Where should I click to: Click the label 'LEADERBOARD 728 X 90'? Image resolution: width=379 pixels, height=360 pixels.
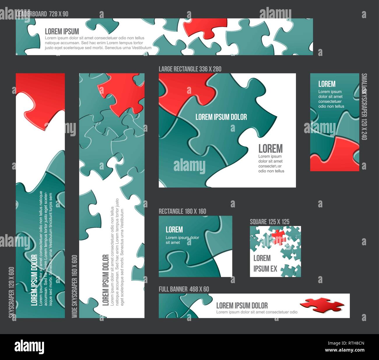42,14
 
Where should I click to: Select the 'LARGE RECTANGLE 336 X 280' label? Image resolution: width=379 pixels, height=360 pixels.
190,69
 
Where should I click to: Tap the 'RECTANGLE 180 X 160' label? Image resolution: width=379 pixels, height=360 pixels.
182,211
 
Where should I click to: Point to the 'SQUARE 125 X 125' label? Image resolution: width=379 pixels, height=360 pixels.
269,222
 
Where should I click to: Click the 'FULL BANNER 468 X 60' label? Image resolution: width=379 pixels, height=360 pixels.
184,289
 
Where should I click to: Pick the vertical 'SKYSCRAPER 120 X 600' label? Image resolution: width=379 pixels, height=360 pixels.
12,292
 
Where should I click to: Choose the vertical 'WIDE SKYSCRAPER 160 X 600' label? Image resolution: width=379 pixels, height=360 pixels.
75,286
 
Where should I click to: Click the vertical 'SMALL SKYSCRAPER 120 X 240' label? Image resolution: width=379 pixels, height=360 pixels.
364,107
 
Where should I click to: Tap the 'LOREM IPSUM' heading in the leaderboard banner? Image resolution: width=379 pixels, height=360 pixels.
62,31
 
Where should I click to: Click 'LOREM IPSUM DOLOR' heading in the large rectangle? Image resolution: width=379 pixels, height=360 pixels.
221,117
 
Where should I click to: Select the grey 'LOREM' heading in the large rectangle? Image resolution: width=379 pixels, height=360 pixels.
271,149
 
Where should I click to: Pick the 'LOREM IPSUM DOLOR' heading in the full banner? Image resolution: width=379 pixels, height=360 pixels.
242,306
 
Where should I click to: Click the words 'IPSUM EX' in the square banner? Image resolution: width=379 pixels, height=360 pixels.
265,269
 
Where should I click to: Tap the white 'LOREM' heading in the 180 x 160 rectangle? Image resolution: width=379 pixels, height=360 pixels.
174,230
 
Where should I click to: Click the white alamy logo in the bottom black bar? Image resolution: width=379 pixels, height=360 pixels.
29,347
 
